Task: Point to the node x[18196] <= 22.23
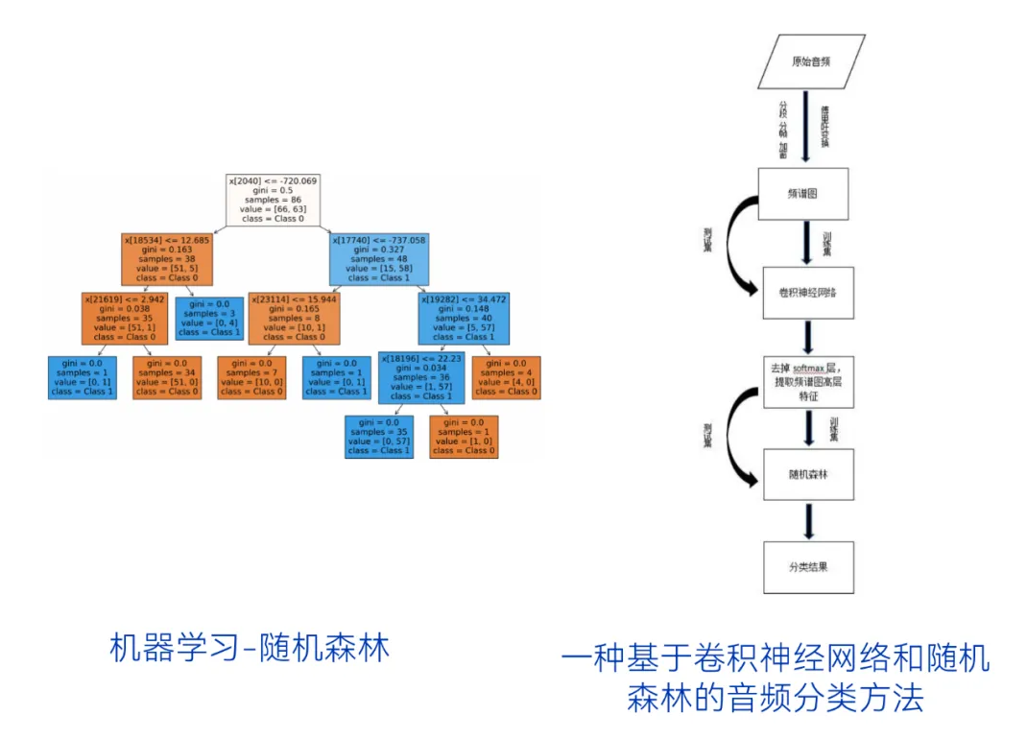pos(421,377)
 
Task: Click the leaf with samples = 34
pos(167,377)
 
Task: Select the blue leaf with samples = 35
pos(378,437)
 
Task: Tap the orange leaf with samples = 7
pos(251,377)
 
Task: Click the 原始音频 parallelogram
pos(811,61)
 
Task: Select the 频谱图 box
pos(804,193)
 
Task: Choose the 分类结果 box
pos(808,566)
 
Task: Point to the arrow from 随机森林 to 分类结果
pos(808,520)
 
